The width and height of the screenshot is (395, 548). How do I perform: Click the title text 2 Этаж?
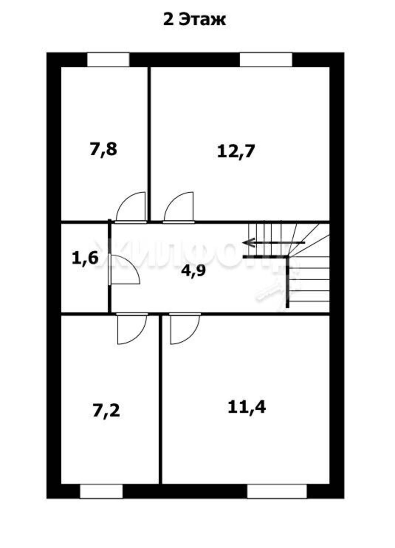pos(194,20)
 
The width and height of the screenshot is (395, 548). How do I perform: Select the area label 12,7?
pos(236,151)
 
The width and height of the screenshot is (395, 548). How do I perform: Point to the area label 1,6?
pos(85,258)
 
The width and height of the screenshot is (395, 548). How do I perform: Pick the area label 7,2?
pos(106,412)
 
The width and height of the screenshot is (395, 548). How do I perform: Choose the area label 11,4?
pos(247,407)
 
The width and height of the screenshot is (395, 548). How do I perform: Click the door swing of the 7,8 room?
pos(131,207)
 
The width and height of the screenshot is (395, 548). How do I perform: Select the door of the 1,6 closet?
pos(124,269)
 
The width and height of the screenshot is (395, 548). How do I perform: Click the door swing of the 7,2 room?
pos(132,329)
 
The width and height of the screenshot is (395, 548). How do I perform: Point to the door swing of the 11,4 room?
pos(185,329)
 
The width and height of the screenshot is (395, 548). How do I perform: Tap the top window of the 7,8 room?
pos(108,60)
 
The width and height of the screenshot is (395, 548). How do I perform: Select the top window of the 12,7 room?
pos(266,60)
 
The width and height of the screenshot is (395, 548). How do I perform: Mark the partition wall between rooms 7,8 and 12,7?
pos(149,144)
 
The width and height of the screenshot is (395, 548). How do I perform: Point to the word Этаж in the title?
pos(202,20)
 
